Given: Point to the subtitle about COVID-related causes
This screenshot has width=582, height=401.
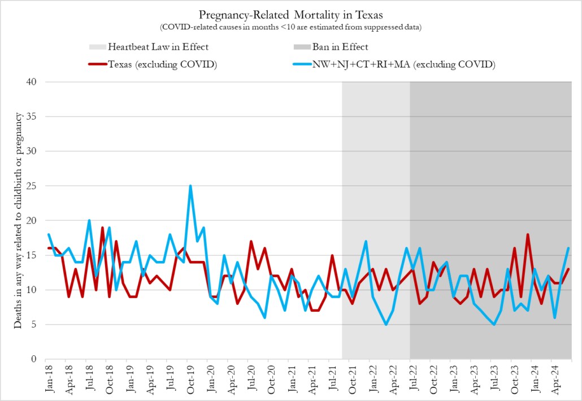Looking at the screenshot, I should click(x=292, y=26).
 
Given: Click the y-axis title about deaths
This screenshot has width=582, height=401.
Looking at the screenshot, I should click(x=19, y=220).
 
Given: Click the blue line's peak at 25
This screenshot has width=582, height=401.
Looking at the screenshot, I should click(x=190, y=186).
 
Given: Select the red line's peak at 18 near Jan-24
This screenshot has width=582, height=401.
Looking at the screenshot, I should click(x=528, y=234).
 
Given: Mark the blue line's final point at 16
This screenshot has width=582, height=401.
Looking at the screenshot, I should click(x=568, y=248).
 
